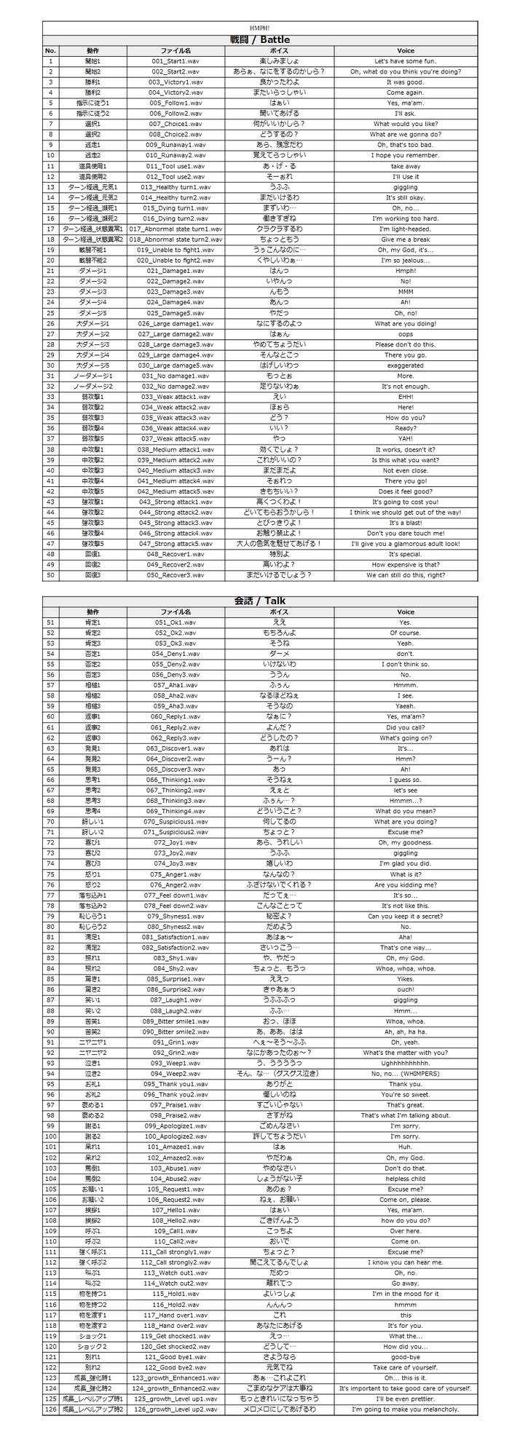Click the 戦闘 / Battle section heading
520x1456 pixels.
point(260,39)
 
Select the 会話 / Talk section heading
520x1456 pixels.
point(260,601)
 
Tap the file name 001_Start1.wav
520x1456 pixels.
point(176,61)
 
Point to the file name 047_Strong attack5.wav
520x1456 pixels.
point(176,544)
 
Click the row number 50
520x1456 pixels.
point(50,575)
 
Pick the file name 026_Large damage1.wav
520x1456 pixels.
point(176,323)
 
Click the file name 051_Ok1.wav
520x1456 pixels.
point(176,622)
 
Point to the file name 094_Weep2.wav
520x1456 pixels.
point(176,1073)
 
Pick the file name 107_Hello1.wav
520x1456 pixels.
point(176,1210)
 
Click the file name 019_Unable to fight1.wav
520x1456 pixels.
point(176,250)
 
